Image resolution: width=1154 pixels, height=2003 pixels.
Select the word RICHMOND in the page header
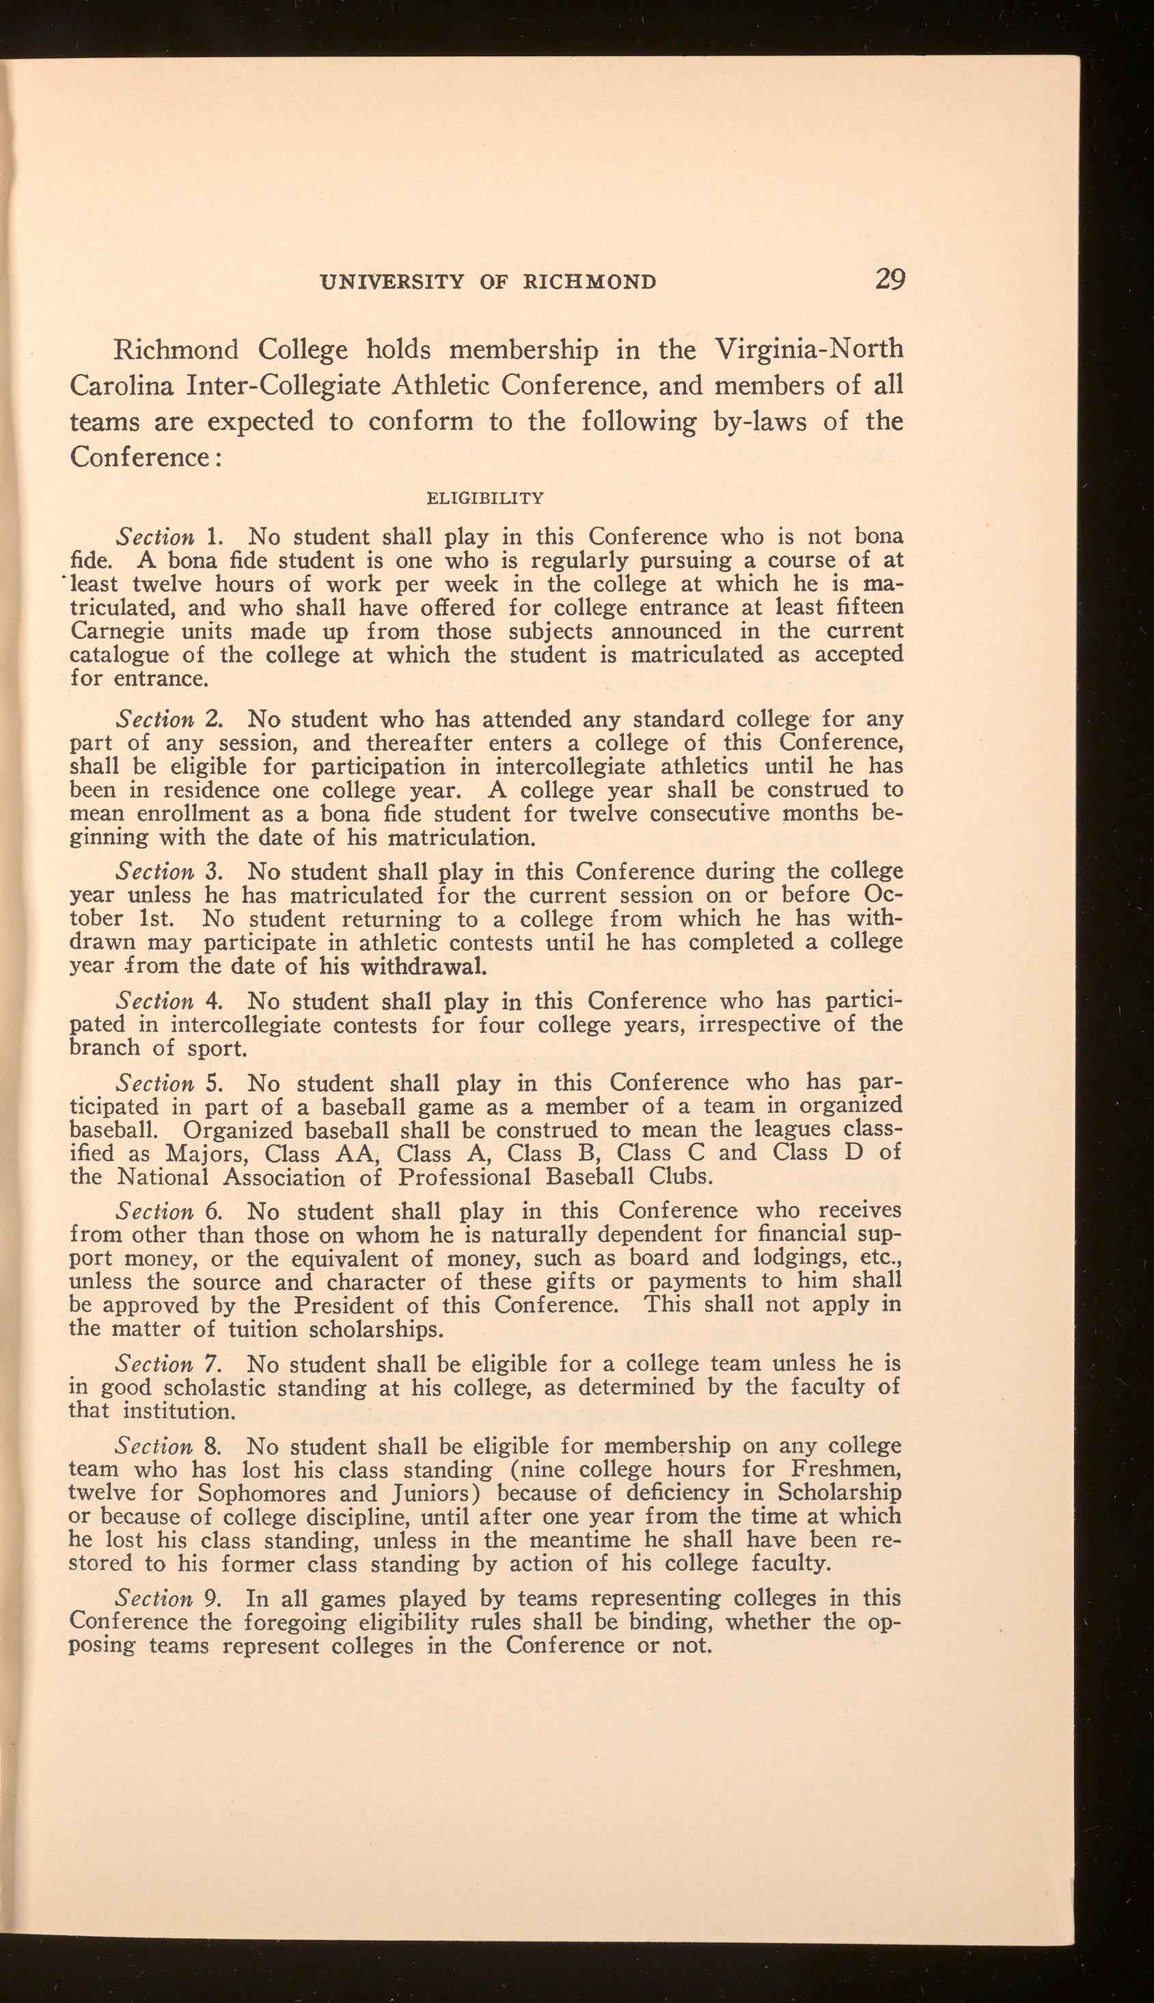(590, 282)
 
